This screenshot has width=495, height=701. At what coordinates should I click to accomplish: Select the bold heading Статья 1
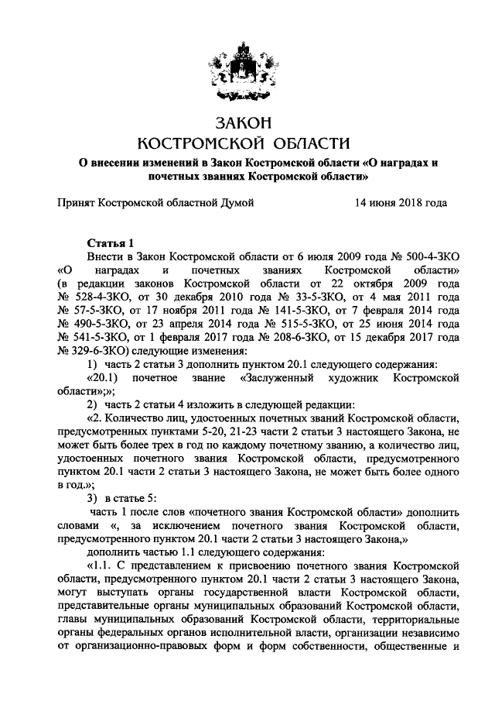[111, 241]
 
